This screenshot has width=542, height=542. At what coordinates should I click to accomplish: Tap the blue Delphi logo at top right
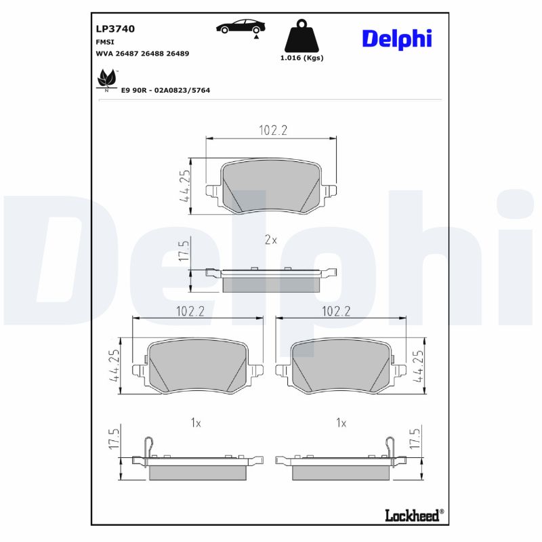(396, 39)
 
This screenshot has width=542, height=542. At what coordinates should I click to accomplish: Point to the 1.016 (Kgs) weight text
(301, 58)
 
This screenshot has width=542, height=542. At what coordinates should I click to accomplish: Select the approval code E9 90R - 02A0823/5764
(165, 89)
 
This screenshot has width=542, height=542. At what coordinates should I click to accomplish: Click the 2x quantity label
(271, 240)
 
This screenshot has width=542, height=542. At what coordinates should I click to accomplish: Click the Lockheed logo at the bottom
(413, 516)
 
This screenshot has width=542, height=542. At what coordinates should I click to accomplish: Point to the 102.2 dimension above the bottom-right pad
(337, 311)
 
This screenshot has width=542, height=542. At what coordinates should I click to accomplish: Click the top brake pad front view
(271, 186)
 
